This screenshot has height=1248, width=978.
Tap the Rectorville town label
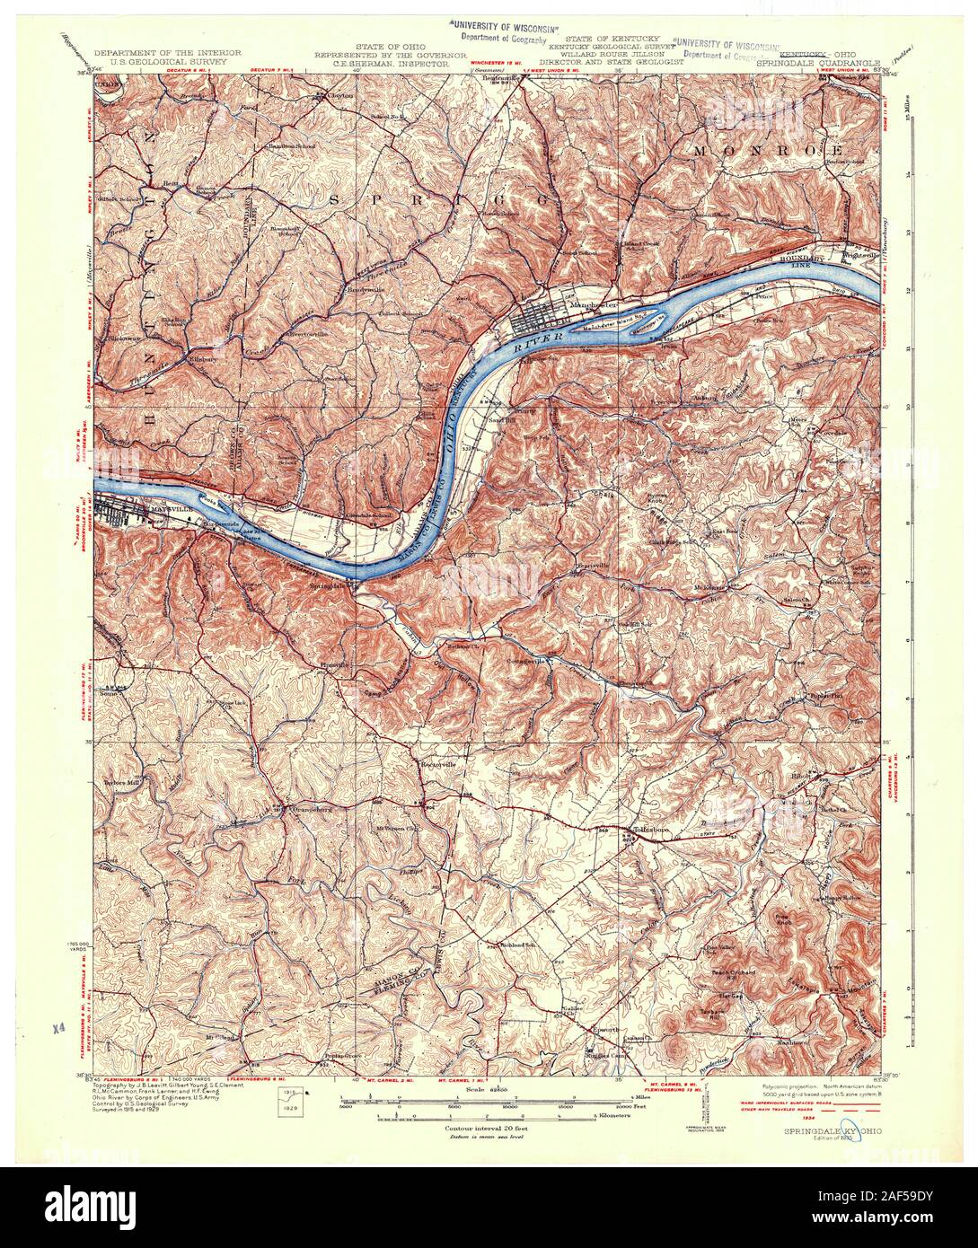pyautogui.click(x=439, y=763)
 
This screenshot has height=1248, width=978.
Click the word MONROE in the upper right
pyautogui.click(x=768, y=150)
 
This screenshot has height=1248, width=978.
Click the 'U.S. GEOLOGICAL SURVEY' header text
pyautogui.click(x=168, y=64)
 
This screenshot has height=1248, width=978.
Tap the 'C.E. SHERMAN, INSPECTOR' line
pyautogui.click(x=383, y=65)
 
